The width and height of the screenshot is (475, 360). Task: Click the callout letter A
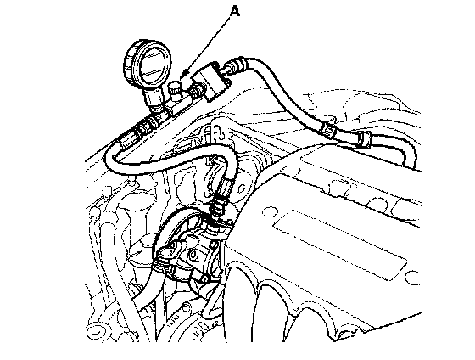coord(235,12)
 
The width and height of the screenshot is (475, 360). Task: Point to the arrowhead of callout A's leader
coord(182,76)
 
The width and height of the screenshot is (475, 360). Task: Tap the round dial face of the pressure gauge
coord(152,65)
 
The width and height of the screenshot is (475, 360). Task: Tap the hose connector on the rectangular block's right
coord(235,66)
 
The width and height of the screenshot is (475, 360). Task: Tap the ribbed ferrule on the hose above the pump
coord(225,186)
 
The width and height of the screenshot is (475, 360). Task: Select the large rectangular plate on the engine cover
coord(339,245)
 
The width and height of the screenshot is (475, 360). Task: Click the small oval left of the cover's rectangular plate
coord(269,212)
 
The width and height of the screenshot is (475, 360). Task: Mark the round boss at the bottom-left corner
coord(94,330)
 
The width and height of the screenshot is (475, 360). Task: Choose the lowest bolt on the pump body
coord(204,278)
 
